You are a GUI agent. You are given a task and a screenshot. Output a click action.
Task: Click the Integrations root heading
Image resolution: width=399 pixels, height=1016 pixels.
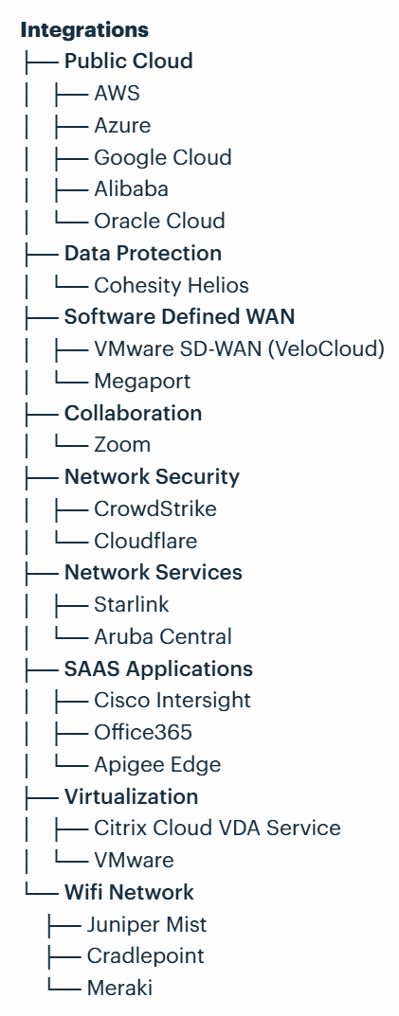tap(84, 29)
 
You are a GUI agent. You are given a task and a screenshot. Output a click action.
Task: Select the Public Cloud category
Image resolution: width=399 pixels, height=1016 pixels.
tap(128, 62)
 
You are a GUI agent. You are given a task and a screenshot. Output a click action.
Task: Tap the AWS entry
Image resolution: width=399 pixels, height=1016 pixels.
tap(117, 94)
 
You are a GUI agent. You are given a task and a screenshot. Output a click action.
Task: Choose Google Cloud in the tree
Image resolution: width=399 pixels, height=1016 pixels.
tap(162, 157)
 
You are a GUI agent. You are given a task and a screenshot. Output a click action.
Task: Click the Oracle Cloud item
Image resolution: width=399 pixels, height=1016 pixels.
tap(159, 221)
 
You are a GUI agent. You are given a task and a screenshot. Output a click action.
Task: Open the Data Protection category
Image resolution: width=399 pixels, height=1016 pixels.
tap(142, 253)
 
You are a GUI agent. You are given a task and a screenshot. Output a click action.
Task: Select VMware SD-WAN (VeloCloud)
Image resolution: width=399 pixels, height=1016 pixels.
tap(239, 348)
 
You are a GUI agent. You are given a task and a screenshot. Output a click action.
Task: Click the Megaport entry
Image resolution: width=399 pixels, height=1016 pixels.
tap(142, 381)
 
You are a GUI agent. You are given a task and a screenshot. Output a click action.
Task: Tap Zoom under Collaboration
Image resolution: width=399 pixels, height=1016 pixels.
tap(122, 445)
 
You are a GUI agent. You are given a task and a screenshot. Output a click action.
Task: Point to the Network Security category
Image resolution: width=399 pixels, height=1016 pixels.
tap(152, 476)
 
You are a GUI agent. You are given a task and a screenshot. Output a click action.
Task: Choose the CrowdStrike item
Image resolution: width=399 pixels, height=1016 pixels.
tap(154, 508)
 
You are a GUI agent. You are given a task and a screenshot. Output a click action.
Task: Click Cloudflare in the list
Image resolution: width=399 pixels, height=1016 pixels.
tap(145, 541)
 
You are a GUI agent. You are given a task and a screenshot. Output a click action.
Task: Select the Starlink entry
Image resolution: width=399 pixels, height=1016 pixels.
tap(131, 604)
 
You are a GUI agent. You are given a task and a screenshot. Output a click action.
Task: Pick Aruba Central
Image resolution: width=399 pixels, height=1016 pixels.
tap(162, 636)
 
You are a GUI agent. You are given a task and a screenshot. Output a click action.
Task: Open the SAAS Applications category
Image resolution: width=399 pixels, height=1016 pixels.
tap(158, 668)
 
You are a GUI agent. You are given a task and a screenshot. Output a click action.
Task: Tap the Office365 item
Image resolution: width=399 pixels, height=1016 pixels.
tap(143, 732)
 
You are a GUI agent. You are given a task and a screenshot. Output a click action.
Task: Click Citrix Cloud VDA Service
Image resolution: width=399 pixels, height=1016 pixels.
tap(217, 828)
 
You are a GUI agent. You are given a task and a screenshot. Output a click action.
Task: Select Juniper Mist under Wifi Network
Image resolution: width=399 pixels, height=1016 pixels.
tap(146, 923)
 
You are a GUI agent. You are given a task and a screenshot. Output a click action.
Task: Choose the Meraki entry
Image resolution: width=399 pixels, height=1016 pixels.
tap(118, 988)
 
